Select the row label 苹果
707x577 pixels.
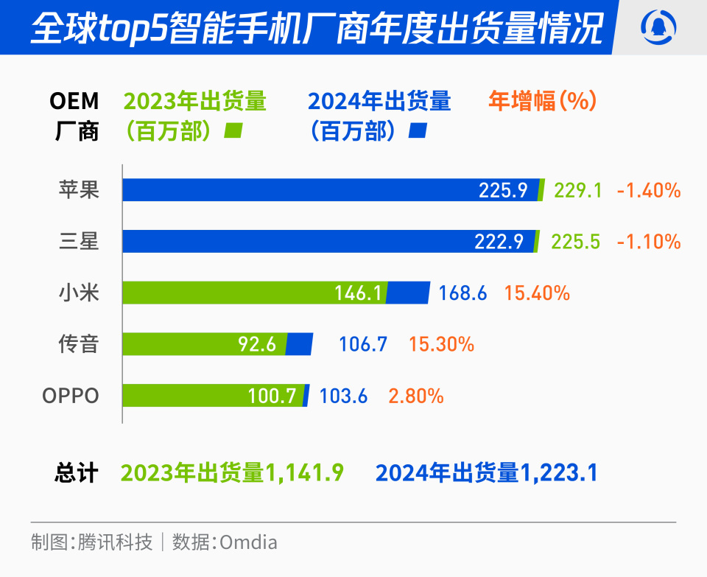pyautogui.click(x=79, y=190)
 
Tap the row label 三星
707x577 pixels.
pyautogui.click(x=79, y=241)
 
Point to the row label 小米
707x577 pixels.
pyautogui.click(x=79, y=293)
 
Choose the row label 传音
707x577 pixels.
pyautogui.click(x=79, y=343)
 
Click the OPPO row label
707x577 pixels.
pyautogui.click(x=71, y=396)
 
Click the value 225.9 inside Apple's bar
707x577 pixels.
pyautogui.click(x=503, y=190)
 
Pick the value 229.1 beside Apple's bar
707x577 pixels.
pyautogui.click(x=578, y=190)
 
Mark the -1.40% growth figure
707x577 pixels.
pyautogui.click(x=649, y=190)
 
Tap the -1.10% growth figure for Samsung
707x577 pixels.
pyautogui.click(x=649, y=241)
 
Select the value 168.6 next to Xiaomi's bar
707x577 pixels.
pyautogui.click(x=462, y=293)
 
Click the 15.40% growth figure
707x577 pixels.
pyautogui.click(x=537, y=293)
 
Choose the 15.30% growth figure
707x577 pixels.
pyautogui.click(x=441, y=343)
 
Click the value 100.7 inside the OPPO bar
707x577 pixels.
pyautogui.click(x=272, y=396)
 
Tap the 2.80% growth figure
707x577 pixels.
pyautogui.click(x=416, y=396)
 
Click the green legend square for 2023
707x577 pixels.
pyautogui.click(x=233, y=131)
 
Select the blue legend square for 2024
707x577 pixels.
pyautogui.click(x=418, y=131)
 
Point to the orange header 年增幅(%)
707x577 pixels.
pyautogui.click(x=542, y=101)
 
